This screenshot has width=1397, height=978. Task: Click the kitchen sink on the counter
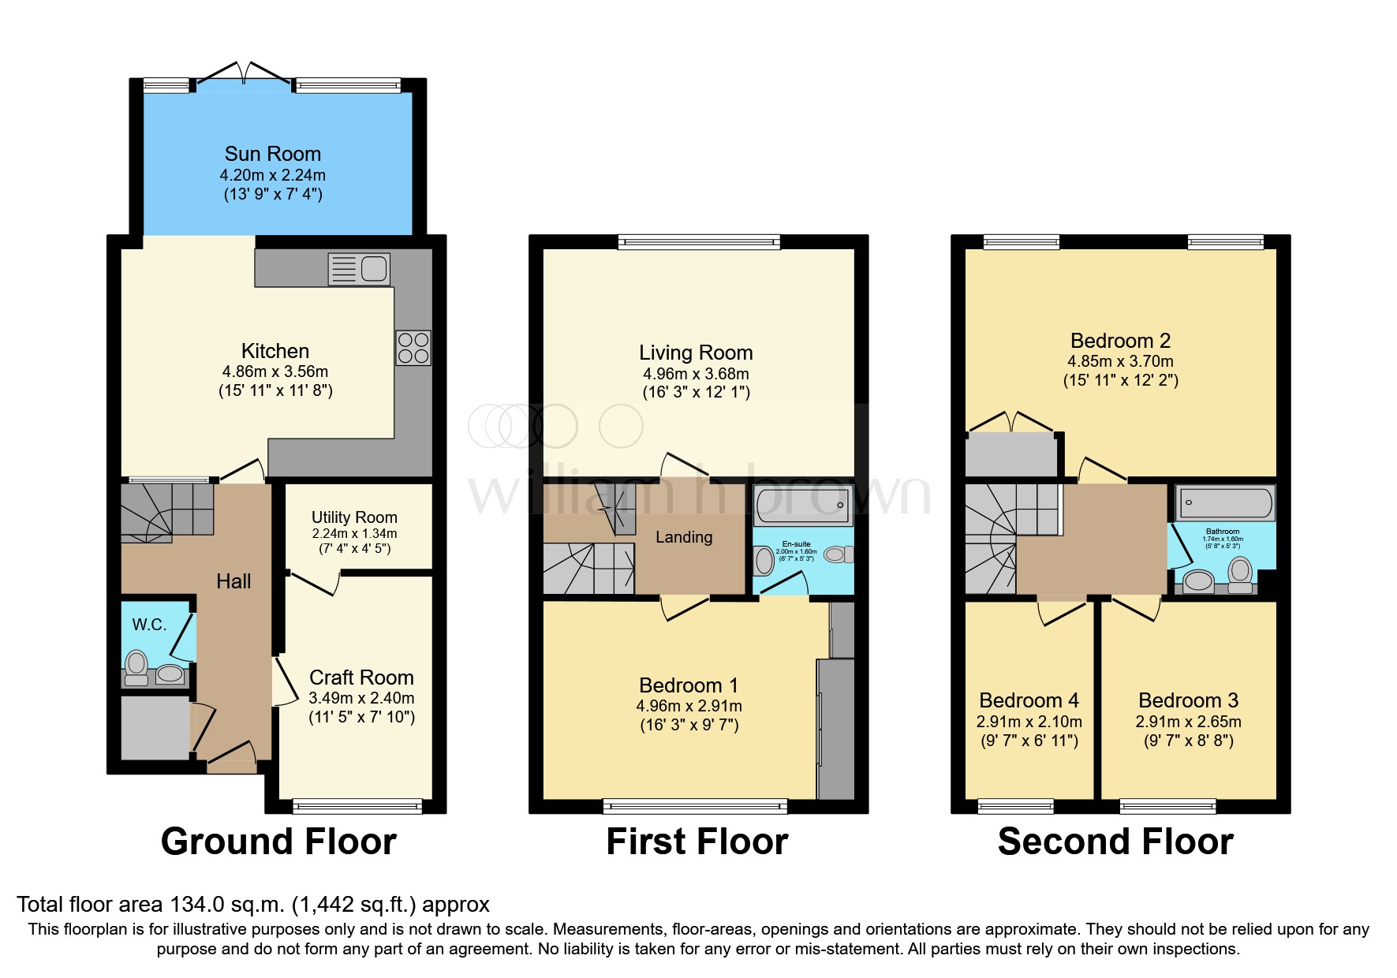(x=360, y=269)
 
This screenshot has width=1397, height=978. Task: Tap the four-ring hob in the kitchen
(x=413, y=348)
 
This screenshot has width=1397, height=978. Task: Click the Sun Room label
(x=273, y=154)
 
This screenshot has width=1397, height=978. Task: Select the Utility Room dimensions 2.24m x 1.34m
(x=354, y=534)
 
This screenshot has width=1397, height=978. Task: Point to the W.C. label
(x=149, y=625)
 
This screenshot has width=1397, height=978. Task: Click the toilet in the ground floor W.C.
(x=137, y=666)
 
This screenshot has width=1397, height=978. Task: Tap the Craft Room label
(x=361, y=678)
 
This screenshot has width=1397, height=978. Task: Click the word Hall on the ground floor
(x=233, y=581)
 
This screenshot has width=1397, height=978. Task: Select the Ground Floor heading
(x=278, y=842)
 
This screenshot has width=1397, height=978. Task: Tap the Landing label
(x=684, y=537)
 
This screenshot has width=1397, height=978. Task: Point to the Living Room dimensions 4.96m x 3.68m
(x=696, y=374)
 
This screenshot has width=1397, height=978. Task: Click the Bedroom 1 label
(x=689, y=685)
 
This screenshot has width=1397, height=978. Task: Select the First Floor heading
(x=697, y=842)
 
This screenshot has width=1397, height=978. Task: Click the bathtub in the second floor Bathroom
(x=1224, y=503)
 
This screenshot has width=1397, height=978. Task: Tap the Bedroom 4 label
(x=1029, y=700)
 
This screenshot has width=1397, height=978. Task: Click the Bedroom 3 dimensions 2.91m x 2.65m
(x=1188, y=722)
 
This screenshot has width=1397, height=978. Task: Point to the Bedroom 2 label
(x=1120, y=341)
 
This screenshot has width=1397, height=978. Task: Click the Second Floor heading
(x=1115, y=842)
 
